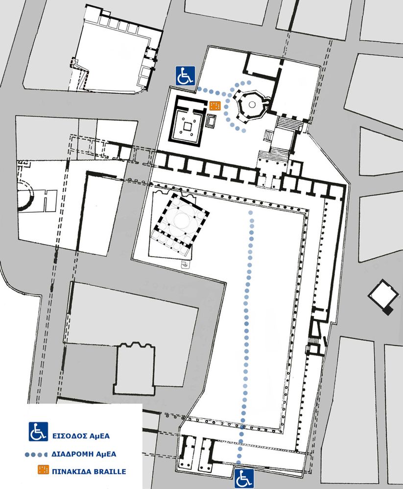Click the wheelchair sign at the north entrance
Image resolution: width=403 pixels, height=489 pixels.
click(x=185, y=76)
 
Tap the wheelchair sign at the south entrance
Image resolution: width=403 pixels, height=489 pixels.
click(x=244, y=478)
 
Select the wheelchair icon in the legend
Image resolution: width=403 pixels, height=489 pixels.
click(x=38, y=431)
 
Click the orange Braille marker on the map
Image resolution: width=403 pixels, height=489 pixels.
click(x=215, y=106)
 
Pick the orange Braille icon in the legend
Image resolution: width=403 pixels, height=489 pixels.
click(x=44, y=469)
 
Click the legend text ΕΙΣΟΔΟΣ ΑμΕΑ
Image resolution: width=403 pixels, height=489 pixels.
click(x=81, y=436)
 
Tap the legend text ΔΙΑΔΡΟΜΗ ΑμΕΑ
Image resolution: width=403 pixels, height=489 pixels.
click(x=84, y=454)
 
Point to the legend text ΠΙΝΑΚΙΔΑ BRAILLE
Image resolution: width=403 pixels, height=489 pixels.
click(x=89, y=471)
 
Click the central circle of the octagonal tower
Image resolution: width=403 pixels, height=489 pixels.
click(x=252, y=105)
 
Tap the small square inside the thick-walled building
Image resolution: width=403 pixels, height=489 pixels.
click(x=188, y=127)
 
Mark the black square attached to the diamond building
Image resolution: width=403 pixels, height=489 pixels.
click(x=388, y=311)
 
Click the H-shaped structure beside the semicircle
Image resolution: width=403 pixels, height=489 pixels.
click(x=49, y=200)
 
